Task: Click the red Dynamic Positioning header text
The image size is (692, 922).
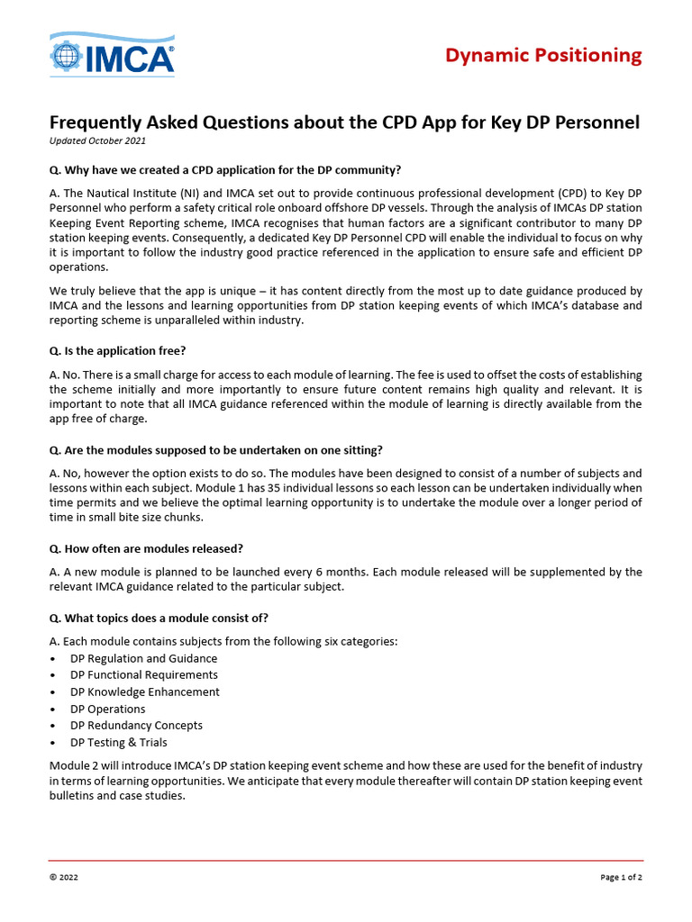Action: (x=543, y=56)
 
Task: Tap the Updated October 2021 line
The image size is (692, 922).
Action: (x=97, y=141)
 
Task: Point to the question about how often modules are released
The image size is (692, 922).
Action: (x=146, y=548)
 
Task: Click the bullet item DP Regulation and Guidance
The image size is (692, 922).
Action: (x=144, y=658)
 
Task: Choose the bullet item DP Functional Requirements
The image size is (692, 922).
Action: (x=144, y=674)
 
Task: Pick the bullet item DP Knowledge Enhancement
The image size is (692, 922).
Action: (x=145, y=691)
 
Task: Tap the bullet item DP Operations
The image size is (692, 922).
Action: (x=108, y=709)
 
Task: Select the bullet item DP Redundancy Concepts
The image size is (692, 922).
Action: (x=137, y=725)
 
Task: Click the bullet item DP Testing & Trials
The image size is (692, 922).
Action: (x=119, y=742)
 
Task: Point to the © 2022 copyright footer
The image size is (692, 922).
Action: (x=63, y=877)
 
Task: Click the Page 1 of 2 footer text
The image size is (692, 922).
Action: (x=621, y=877)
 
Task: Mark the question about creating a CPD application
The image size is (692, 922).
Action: (x=225, y=169)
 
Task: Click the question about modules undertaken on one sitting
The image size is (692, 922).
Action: (x=222, y=449)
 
